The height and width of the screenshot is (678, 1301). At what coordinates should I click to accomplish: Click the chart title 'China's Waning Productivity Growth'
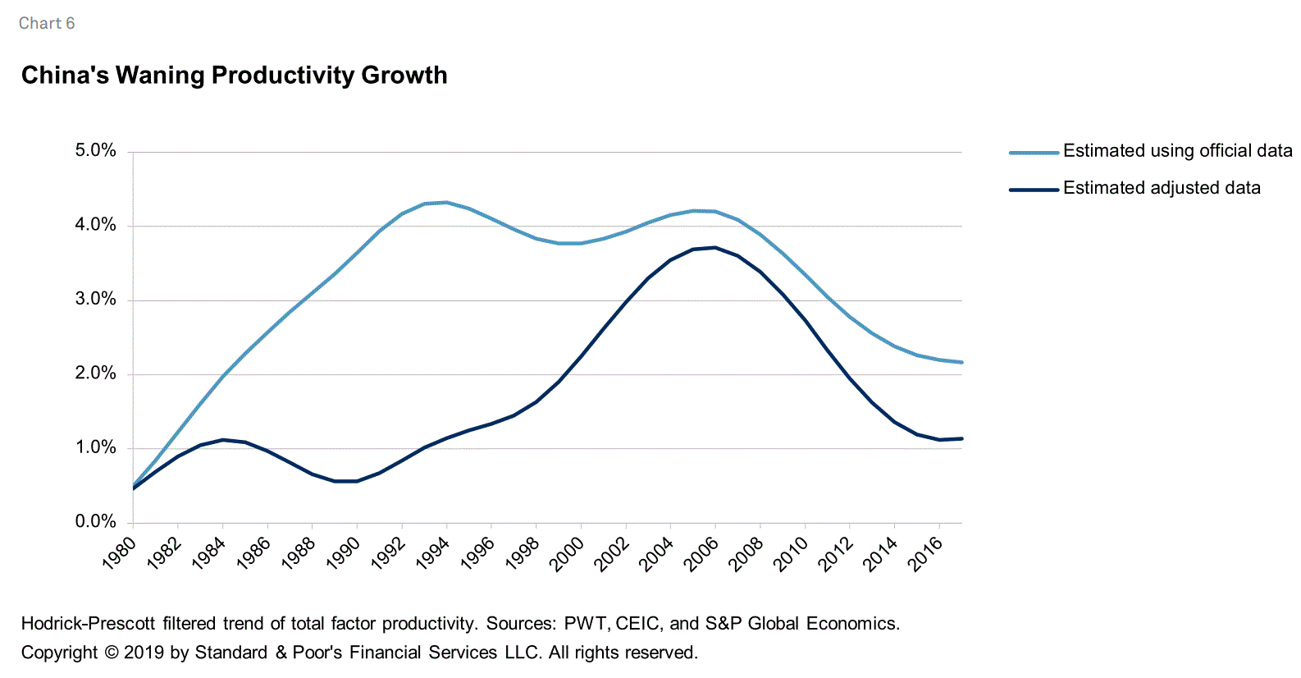[234, 76]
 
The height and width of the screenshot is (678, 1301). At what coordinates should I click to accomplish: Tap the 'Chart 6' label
[47, 24]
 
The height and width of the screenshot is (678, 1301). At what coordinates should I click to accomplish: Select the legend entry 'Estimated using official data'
[1176, 151]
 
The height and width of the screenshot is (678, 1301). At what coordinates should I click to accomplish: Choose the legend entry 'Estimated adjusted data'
[1161, 188]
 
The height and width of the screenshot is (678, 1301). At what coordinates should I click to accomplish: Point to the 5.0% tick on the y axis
[96, 150]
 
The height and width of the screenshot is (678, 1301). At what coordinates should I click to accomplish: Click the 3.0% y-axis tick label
[96, 299]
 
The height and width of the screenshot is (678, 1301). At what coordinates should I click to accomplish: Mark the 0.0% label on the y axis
[96, 521]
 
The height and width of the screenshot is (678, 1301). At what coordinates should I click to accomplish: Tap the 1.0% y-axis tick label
[96, 447]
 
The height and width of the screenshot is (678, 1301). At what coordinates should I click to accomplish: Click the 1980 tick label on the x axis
[121, 552]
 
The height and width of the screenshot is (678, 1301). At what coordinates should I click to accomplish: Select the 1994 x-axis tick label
[434, 552]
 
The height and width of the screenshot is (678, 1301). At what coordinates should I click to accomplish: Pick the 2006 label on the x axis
[703, 552]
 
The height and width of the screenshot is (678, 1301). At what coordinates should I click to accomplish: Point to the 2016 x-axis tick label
[927, 552]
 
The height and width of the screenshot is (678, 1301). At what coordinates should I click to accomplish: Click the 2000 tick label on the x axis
[568, 552]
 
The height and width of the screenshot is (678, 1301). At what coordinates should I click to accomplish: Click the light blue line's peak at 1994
[446, 202]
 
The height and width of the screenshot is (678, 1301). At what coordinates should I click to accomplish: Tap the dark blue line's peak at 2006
[715, 247]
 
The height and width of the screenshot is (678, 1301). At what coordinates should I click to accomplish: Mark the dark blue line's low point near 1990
[345, 481]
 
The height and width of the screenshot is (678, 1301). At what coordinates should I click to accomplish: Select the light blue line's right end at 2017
[961, 362]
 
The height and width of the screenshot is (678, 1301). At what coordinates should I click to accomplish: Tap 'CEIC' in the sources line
[637, 624]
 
